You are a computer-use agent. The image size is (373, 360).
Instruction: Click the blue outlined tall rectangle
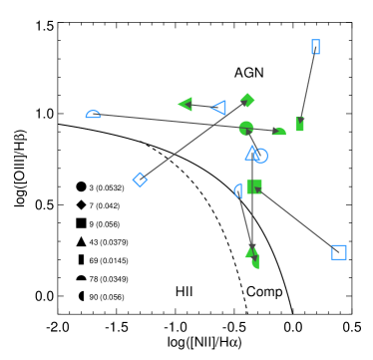point(315,47)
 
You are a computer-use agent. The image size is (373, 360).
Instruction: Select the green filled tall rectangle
point(299,125)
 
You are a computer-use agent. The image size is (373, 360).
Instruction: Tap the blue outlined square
point(338,252)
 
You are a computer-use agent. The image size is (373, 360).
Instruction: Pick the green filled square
point(254,187)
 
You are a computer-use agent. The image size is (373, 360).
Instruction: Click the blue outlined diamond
point(140,180)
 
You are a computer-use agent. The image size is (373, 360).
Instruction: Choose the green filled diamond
point(247,100)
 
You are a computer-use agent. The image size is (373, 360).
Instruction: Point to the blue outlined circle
point(260,156)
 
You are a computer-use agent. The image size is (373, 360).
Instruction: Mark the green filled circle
point(246,128)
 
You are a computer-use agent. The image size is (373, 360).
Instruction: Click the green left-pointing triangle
point(186,104)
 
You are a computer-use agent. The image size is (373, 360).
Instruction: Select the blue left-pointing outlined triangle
point(218,108)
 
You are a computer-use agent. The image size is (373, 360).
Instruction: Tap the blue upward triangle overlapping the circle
point(252,154)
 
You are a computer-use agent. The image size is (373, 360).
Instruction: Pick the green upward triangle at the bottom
point(251,251)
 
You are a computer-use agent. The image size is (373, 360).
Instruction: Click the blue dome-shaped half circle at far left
point(93,115)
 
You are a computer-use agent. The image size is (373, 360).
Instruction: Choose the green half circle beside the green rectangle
point(279,132)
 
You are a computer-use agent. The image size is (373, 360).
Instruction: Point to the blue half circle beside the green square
point(238,190)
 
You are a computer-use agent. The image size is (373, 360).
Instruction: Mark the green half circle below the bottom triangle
point(256,262)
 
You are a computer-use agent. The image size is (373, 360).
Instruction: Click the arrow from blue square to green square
point(296,219)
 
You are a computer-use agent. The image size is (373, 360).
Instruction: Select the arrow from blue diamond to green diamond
point(193,140)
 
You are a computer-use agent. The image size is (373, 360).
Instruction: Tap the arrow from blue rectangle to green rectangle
point(307,86)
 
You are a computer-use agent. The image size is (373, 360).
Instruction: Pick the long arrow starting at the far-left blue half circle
point(170,121)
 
